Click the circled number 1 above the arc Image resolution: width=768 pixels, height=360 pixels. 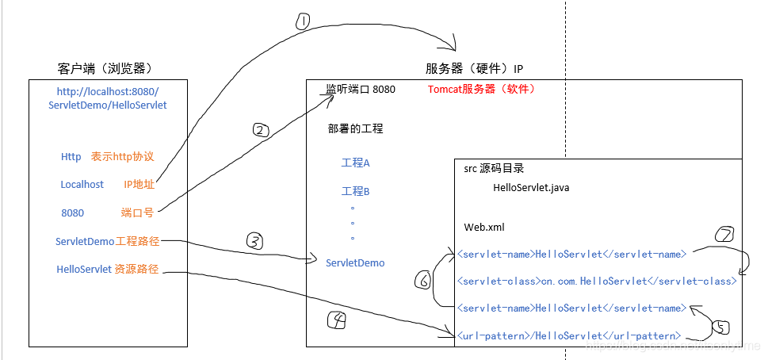[302, 22]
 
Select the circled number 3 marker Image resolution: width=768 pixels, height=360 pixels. [254, 241]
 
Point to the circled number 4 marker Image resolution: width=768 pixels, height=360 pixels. [338, 320]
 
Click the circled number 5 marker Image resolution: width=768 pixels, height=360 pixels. [720, 326]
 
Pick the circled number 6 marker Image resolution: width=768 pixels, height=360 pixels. [424, 280]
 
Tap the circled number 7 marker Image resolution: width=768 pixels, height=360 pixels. [723, 235]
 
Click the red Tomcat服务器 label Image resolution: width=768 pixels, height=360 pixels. [482, 90]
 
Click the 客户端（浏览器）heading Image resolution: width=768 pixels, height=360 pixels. [105, 68]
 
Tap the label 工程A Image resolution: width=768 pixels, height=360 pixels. [356, 163]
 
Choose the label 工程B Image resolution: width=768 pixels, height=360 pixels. [356, 191]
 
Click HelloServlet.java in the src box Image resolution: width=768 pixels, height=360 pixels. [530, 188]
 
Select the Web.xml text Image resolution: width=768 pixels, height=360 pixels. [484, 228]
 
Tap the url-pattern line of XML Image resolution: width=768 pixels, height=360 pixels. [569, 335]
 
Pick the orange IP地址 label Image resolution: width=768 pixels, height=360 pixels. [139, 185]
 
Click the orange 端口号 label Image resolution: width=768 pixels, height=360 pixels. [136, 213]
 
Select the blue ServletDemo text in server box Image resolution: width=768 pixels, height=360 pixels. [355, 262]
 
